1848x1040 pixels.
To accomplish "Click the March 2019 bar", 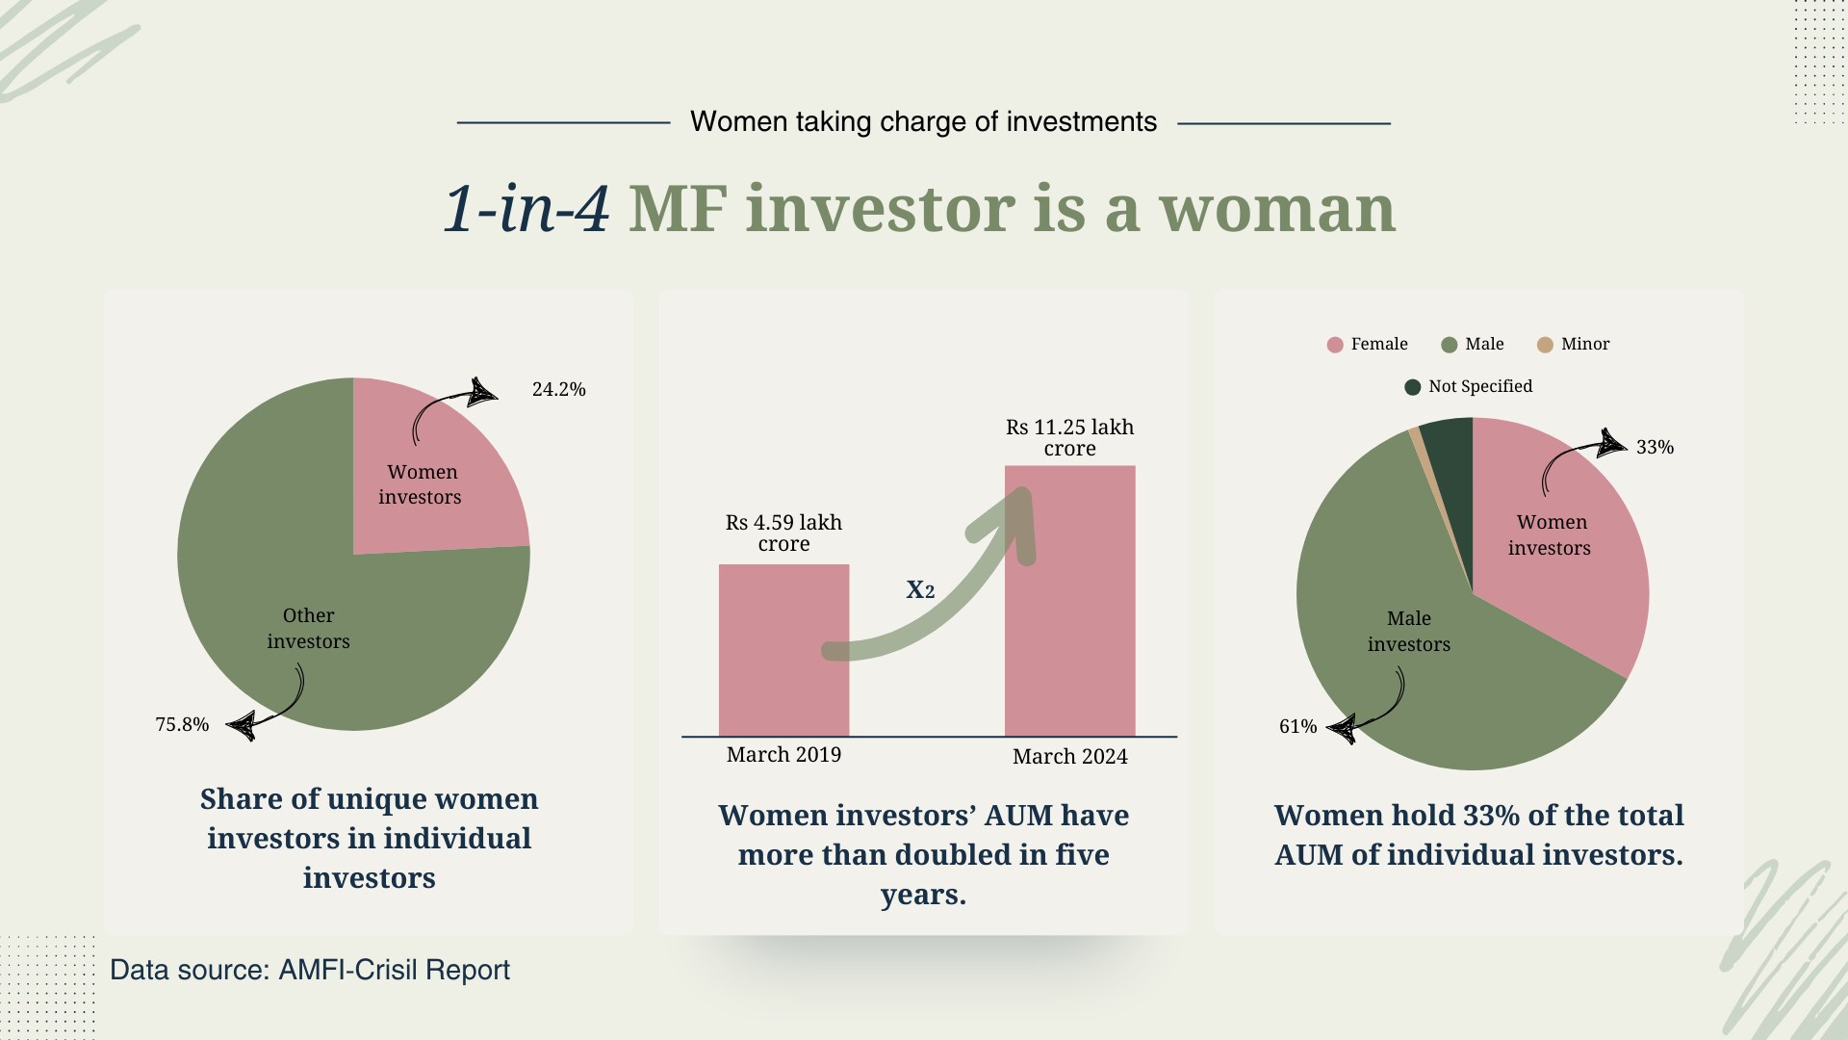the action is click(x=783, y=650).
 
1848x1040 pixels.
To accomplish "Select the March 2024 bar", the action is click(x=1070, y=601).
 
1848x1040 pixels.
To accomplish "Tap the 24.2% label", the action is click(x=559, y=389).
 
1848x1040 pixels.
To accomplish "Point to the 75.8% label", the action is click(x=182, y=724).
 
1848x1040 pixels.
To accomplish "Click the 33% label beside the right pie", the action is click(x=1655, y=447).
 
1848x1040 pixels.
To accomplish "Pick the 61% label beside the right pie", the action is click(x=1297, y=726).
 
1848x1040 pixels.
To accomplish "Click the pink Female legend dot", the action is click(x=1335, y=345).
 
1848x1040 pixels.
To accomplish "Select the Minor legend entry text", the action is click(x=1585, y=344).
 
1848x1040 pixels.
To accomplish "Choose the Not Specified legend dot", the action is click(x=1413, y=387).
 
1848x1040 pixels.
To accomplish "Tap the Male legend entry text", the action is click(x=1484, y=344).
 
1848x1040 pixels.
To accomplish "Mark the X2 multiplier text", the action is click(x=920, y=589).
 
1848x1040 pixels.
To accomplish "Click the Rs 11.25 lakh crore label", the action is click(x=1070, y=437).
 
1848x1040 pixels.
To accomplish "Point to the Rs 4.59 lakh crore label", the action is click(x=783, y=533).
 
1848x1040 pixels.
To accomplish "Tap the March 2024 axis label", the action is click(x=1070, y=756).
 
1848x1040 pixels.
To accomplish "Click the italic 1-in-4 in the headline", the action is click(x=526, y=208).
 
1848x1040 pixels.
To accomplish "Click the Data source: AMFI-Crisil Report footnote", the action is click(x=310, y=970).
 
